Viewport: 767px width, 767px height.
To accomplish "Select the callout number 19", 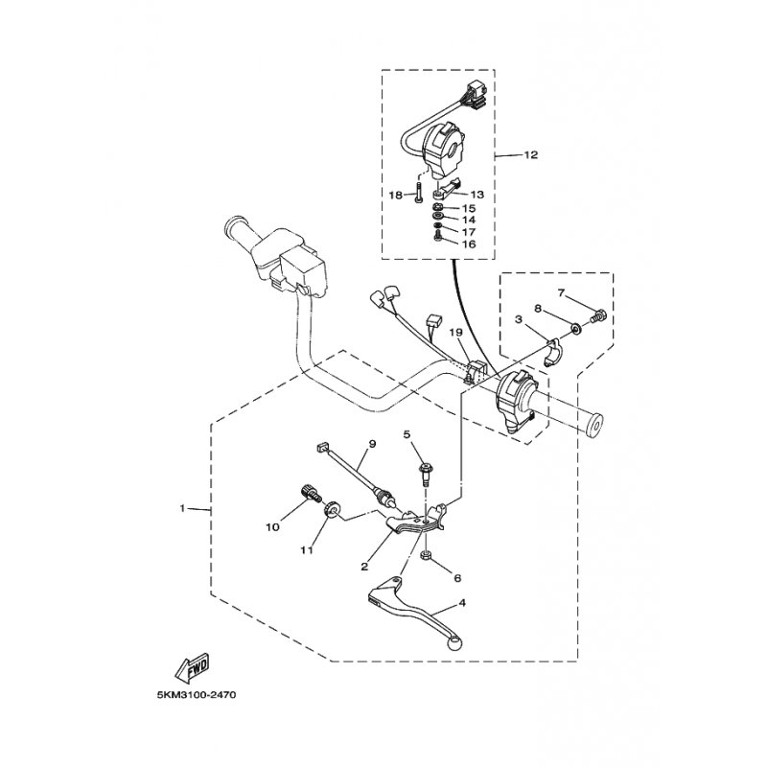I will coord(456,332).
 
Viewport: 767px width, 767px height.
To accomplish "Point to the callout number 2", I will coord(365,566).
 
